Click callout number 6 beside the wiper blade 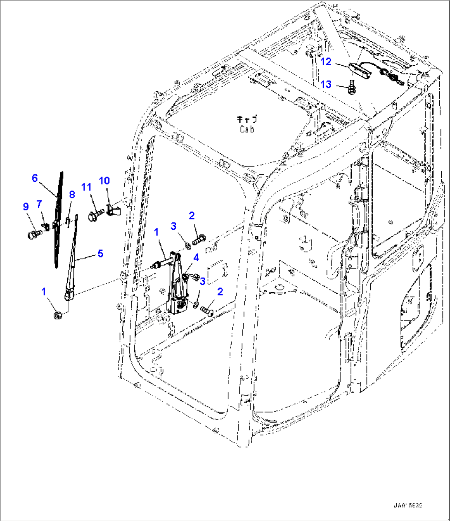[35, 178]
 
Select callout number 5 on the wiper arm [100, 253]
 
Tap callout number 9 [26, 206]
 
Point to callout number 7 [39, 204]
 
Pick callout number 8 [72, 195]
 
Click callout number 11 [86, 187]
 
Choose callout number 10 [104, 181]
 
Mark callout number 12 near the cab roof [326, 62]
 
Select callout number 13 [326, 84]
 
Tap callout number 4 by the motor [196, 257]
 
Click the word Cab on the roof [247, 129]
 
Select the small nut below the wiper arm [58, 316]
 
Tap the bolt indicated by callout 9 [33, 235]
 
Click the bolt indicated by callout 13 [352, 86]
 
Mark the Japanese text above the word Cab [247, 119]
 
